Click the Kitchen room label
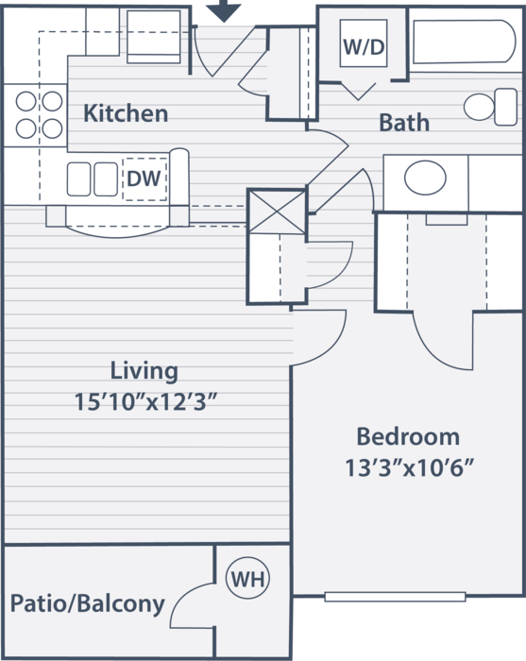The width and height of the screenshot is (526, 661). pyautogui.click(x=126, y=113)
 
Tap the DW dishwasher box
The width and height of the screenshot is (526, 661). pyautogui.click(x=144, y=178)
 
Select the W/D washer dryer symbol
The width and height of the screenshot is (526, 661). pyautogui.click(x=364, y=43)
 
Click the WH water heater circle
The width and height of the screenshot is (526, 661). pyautogui.click(x=247, y=578)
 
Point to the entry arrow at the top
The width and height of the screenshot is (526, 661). pyautogui.click(x=224, y=9)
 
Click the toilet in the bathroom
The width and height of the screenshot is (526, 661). pyautogui.click(x=491, y=107)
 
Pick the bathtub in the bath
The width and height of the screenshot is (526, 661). pyautogui.click(x=464, y=42)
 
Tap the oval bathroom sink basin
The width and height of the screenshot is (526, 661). pyautogui.click(x=425, y=178)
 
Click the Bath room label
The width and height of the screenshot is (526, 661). pyautogui.click(x=404, y=123)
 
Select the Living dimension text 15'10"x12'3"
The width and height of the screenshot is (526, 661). pyautogui.click(x=145, y=401)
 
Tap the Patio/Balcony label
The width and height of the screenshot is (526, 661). pyautogui.click(x=87, y=604)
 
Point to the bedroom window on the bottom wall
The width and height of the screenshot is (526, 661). pyautogui.click(x=395, y=597)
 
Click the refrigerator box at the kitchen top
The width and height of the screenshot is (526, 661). pyautogui.click(x=154, y=37)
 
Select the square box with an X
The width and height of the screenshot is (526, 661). pyautogui.click(x=277, y=212)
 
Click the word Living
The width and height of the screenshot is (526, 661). pyautogui.click(x=144, y=372)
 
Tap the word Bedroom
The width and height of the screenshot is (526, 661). pyautogui.click(x=408, y=436)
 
